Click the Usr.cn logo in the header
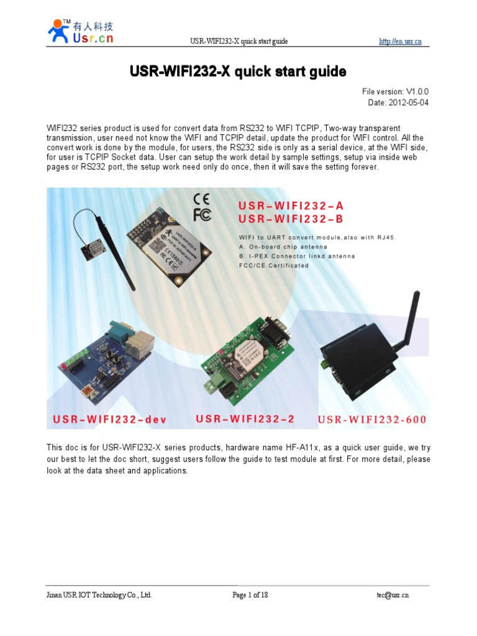pos(80,31)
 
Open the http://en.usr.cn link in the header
pos(401,42)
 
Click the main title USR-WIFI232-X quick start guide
pos(238,72)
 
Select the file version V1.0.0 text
pos(391,91)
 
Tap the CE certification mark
pos(201,199)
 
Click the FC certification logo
pos(201,214)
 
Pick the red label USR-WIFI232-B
pos(291,219)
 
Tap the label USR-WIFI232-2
pos(245,419)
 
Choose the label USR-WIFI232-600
pos(372,419)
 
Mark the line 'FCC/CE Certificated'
pos(274,265)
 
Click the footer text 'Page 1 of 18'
pos(250,594)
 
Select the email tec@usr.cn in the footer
pos(392,594)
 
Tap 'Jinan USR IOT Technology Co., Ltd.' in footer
pos(99,594)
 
